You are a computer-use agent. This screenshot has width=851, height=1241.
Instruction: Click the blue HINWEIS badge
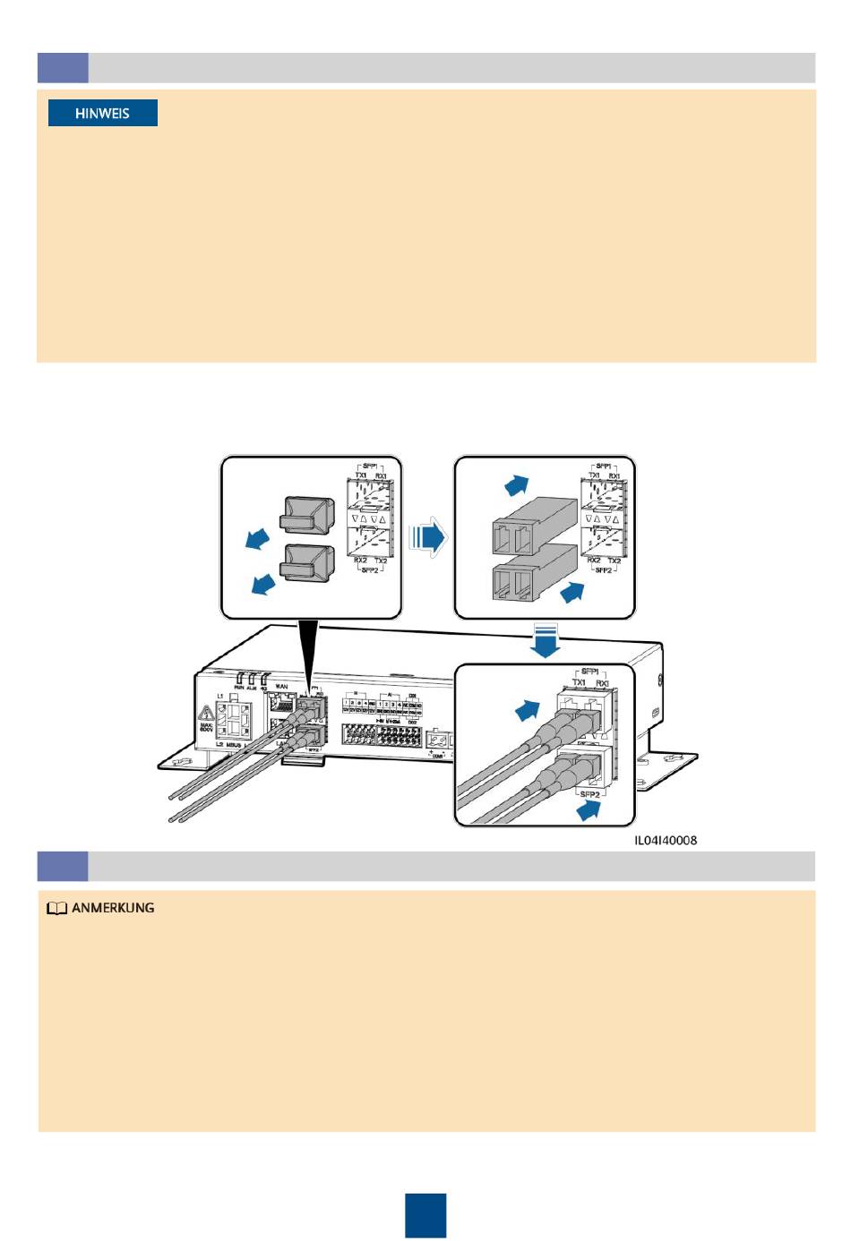click(x=102, y=113)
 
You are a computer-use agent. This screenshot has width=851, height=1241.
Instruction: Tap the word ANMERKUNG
click(x=113, y=908)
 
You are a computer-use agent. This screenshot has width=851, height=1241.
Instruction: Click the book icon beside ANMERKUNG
click(x=56, y=908)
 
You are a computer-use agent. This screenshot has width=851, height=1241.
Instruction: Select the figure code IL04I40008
click(x=665, y=840)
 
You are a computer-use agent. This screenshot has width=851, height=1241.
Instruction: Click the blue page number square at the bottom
click(x=425, y=1215)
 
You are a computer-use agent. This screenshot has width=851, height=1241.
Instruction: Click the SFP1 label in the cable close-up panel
click(x=589, y=671)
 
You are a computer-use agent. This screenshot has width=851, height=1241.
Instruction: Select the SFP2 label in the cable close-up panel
click(x=589, y=794)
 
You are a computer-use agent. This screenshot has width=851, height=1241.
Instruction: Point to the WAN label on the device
click(x=281, y=687)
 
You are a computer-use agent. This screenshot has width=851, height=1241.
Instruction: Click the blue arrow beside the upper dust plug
click(x=258, y=539)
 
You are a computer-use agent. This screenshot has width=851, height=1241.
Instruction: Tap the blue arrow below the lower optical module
click(x=572, y=592)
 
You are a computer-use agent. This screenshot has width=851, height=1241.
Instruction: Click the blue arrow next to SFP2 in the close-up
click(x=589, y=810)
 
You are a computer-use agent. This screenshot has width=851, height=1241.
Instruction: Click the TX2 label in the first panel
click(x=381, y=561)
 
